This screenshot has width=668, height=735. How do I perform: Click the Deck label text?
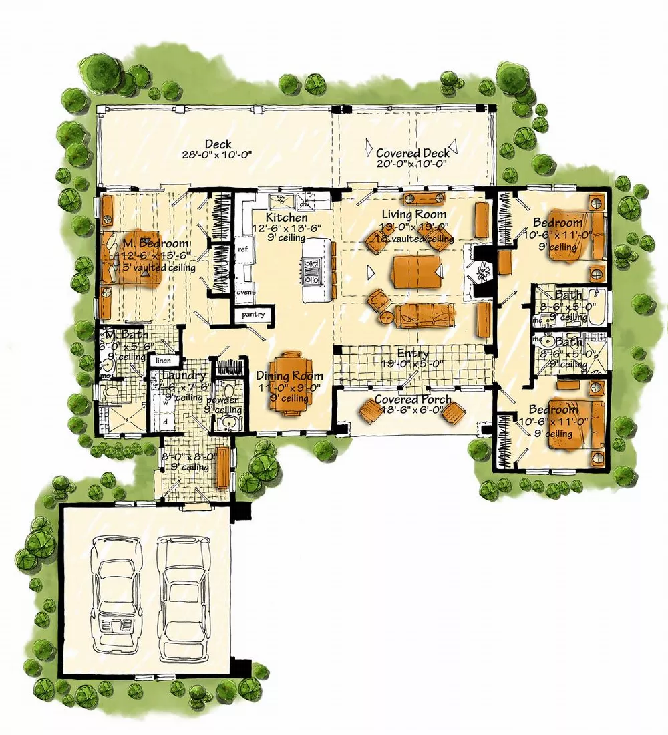pyautogui.click(x=218, y=144)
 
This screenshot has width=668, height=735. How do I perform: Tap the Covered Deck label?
pyautogui.click(x=412, y=153)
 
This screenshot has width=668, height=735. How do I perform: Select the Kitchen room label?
pyautogui.click(x=287, y=218)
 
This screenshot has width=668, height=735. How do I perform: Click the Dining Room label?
pyautogui.click(x=290, y=376)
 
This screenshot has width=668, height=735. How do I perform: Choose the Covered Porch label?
pyautogui.click(x=412, y=400)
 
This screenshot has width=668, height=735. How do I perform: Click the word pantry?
pyautogui.click(x=253, y=314)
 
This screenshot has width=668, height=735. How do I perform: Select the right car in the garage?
pyautogui.click(x=181, y=583)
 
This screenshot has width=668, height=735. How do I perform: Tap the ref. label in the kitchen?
pyautogui.click(x=243, y=249)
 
